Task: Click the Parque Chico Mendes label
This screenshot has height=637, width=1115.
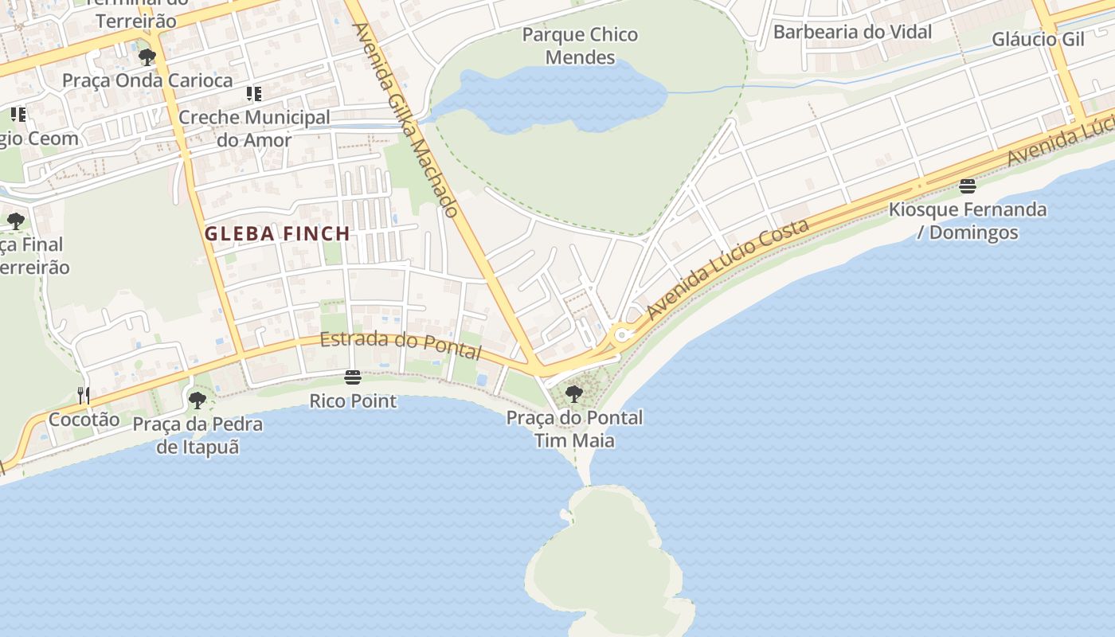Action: coord(581,45)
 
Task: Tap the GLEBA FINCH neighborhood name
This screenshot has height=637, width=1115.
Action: coord(277,234)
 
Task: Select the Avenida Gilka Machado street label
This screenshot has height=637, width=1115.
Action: coord(405,120)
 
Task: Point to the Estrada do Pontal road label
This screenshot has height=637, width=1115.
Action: coord(401,345)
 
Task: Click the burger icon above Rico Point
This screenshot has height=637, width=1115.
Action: coord(353,377)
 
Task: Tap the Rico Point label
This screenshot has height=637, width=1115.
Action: coord(353,401)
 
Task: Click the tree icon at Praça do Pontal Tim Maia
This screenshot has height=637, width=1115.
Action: coord(573,393)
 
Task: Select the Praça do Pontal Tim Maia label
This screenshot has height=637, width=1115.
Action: coord(574,428)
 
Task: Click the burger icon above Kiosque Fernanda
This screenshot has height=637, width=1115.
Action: coord(968,186)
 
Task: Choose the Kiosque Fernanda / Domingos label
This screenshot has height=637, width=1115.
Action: coord(968,221)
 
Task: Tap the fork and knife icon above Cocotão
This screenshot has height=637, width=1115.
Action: coord(84,395)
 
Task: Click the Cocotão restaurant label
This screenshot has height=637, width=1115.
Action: coord(84,419)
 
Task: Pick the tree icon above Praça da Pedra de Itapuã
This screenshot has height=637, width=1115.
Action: coord(198,400)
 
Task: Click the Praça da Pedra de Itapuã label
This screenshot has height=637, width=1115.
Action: coord(198,435)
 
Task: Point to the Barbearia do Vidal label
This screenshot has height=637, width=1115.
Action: coord(852,33)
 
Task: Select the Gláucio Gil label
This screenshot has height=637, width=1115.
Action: coord(1038,39)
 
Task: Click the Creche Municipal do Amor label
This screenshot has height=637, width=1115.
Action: coord(254,128)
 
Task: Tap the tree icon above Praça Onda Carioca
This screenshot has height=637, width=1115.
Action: coord(147,57)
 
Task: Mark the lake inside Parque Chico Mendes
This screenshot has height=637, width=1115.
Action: coord(557,100)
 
